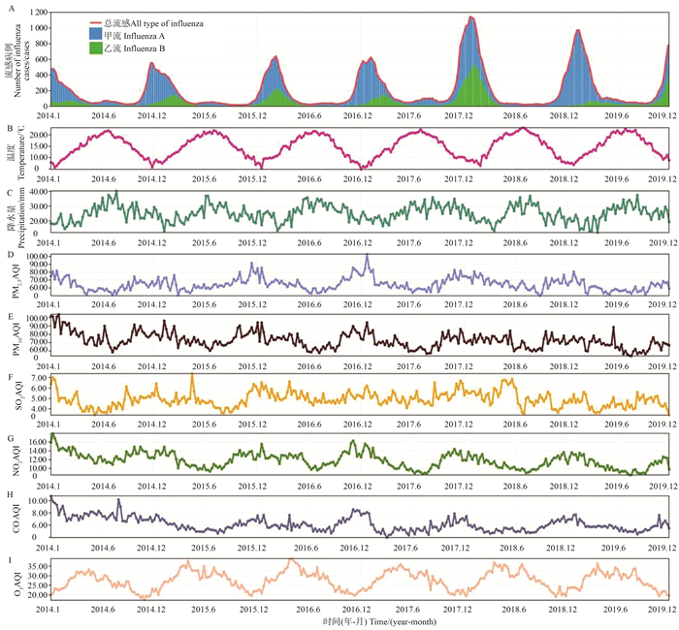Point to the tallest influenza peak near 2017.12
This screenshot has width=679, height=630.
[471, 16]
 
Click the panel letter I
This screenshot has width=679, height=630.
[9, 559]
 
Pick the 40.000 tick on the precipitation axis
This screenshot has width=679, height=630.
[36, 192]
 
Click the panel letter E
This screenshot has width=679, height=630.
[9, 315]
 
